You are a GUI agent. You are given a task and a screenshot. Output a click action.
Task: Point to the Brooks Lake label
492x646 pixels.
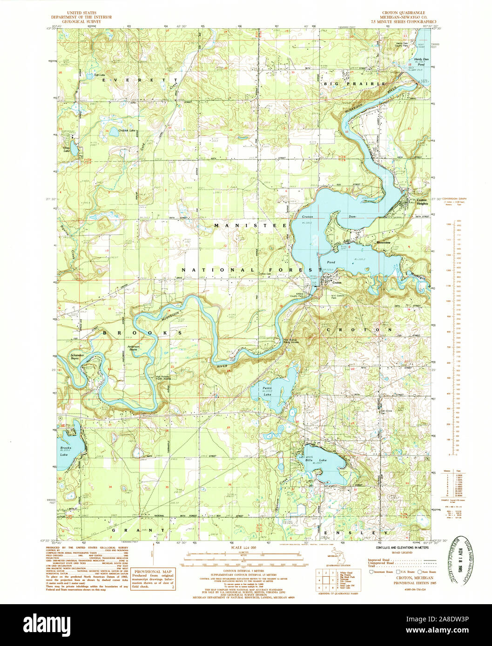tap(66, 450)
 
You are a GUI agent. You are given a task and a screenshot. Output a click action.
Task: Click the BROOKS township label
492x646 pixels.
tap(141, 333)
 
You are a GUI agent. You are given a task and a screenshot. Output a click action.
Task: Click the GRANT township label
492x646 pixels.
tap(138, 529)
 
